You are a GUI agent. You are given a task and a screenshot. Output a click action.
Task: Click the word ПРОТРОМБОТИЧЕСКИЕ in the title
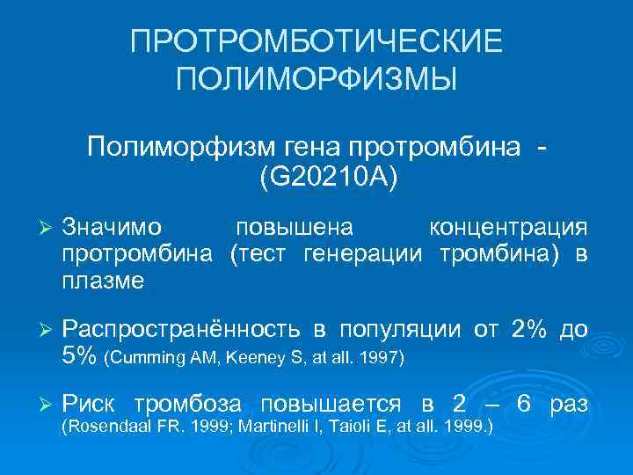[x=316, y=42]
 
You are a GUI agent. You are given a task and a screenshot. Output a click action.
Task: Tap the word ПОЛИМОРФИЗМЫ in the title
[x=316, y=80]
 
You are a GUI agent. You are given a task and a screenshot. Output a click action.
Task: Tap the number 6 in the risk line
[x=524, y=405]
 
